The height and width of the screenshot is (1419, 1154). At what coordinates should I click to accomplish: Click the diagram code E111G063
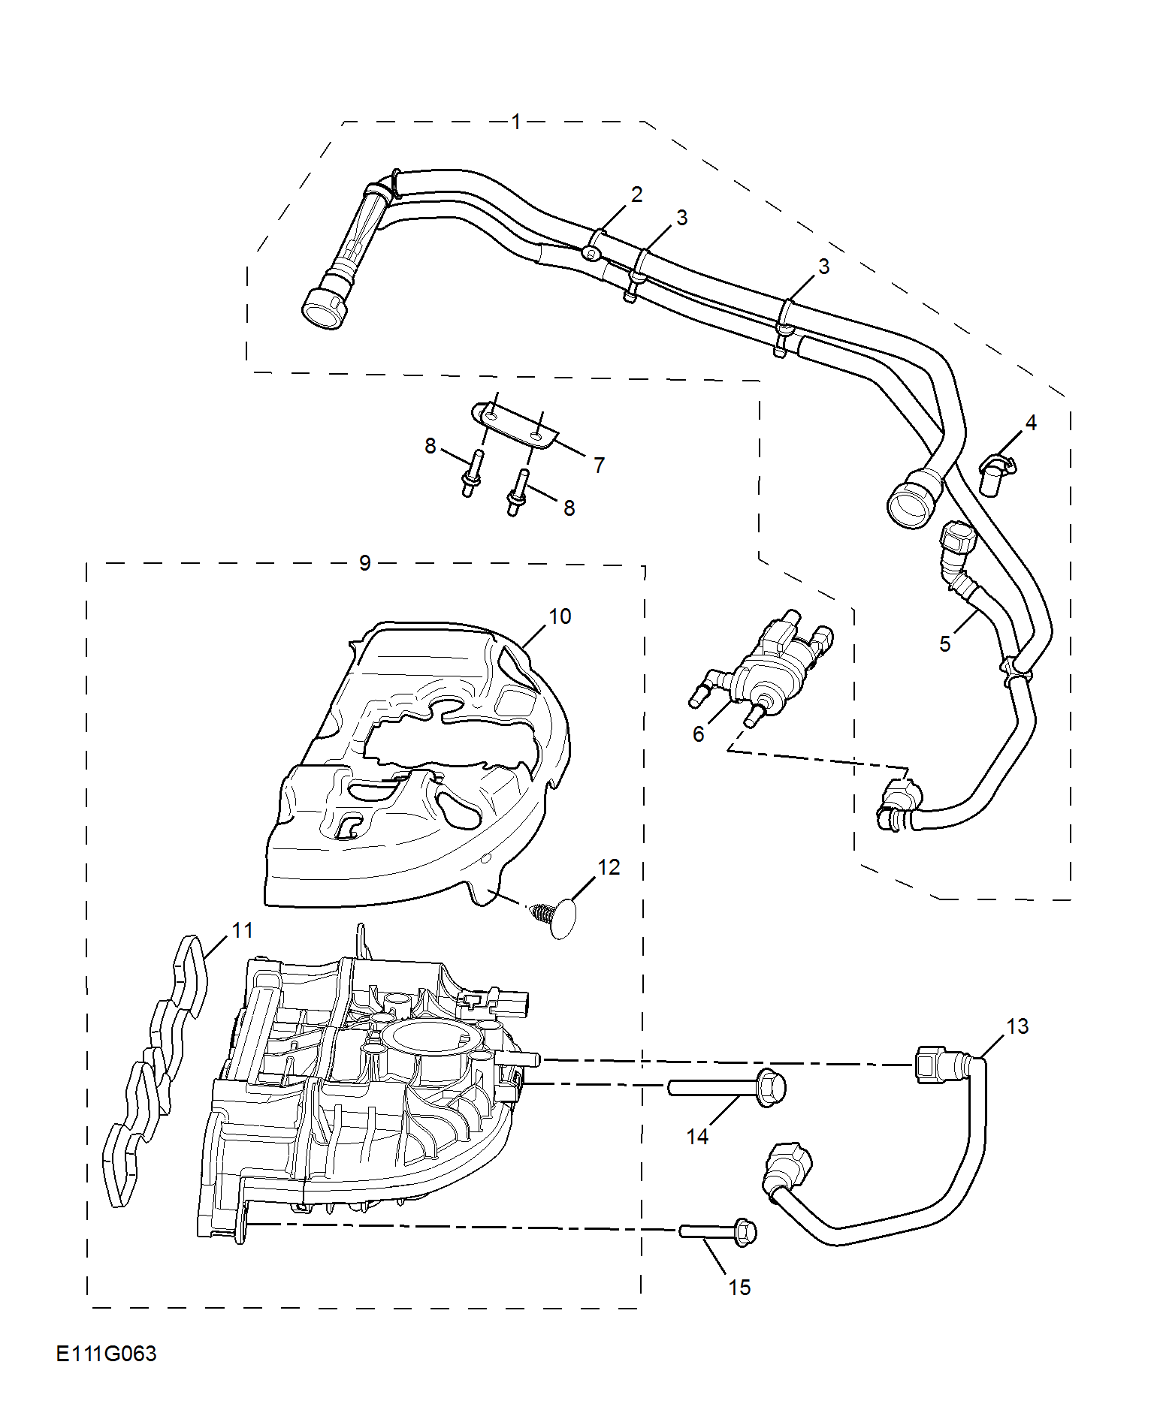tap(106, 1354)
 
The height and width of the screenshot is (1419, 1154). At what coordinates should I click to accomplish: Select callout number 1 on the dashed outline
tap(516, 122)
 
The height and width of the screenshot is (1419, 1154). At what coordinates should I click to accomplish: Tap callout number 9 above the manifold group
tap(365, 563)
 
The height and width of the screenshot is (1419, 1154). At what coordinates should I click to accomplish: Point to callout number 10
tap(560, 616)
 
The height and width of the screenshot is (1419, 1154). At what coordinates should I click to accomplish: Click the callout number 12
tap(609, 867)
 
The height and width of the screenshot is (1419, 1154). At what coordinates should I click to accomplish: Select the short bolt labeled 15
tap(718, 1231)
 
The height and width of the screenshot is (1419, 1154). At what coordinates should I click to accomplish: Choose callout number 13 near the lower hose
tap(1017, 1026)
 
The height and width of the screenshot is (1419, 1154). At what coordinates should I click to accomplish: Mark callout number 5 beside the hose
tap(945, 644)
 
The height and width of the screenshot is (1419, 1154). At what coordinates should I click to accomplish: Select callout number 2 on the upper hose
tap(637, 194)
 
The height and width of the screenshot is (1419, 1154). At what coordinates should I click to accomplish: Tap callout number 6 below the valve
tap(698, 734)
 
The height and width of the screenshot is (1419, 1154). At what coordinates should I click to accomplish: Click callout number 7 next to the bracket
tap(599, 465)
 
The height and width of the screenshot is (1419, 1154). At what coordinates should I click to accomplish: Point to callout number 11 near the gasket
tap(243, 930)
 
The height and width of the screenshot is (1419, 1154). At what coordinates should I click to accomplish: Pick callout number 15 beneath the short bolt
tap(739, 1288)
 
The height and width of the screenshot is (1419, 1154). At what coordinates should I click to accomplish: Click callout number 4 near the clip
tap(1031, 423)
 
